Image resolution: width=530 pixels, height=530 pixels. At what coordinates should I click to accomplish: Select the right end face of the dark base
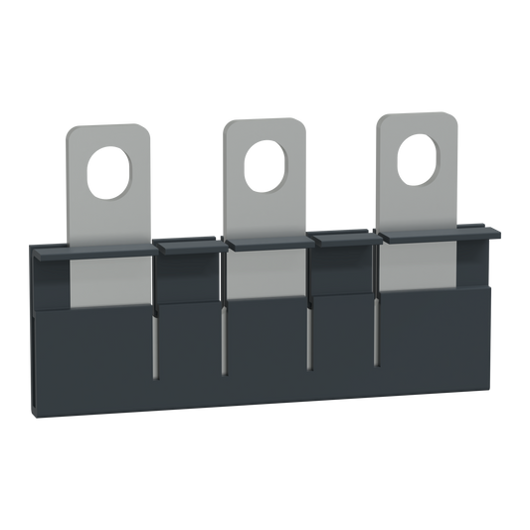[488, 328]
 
